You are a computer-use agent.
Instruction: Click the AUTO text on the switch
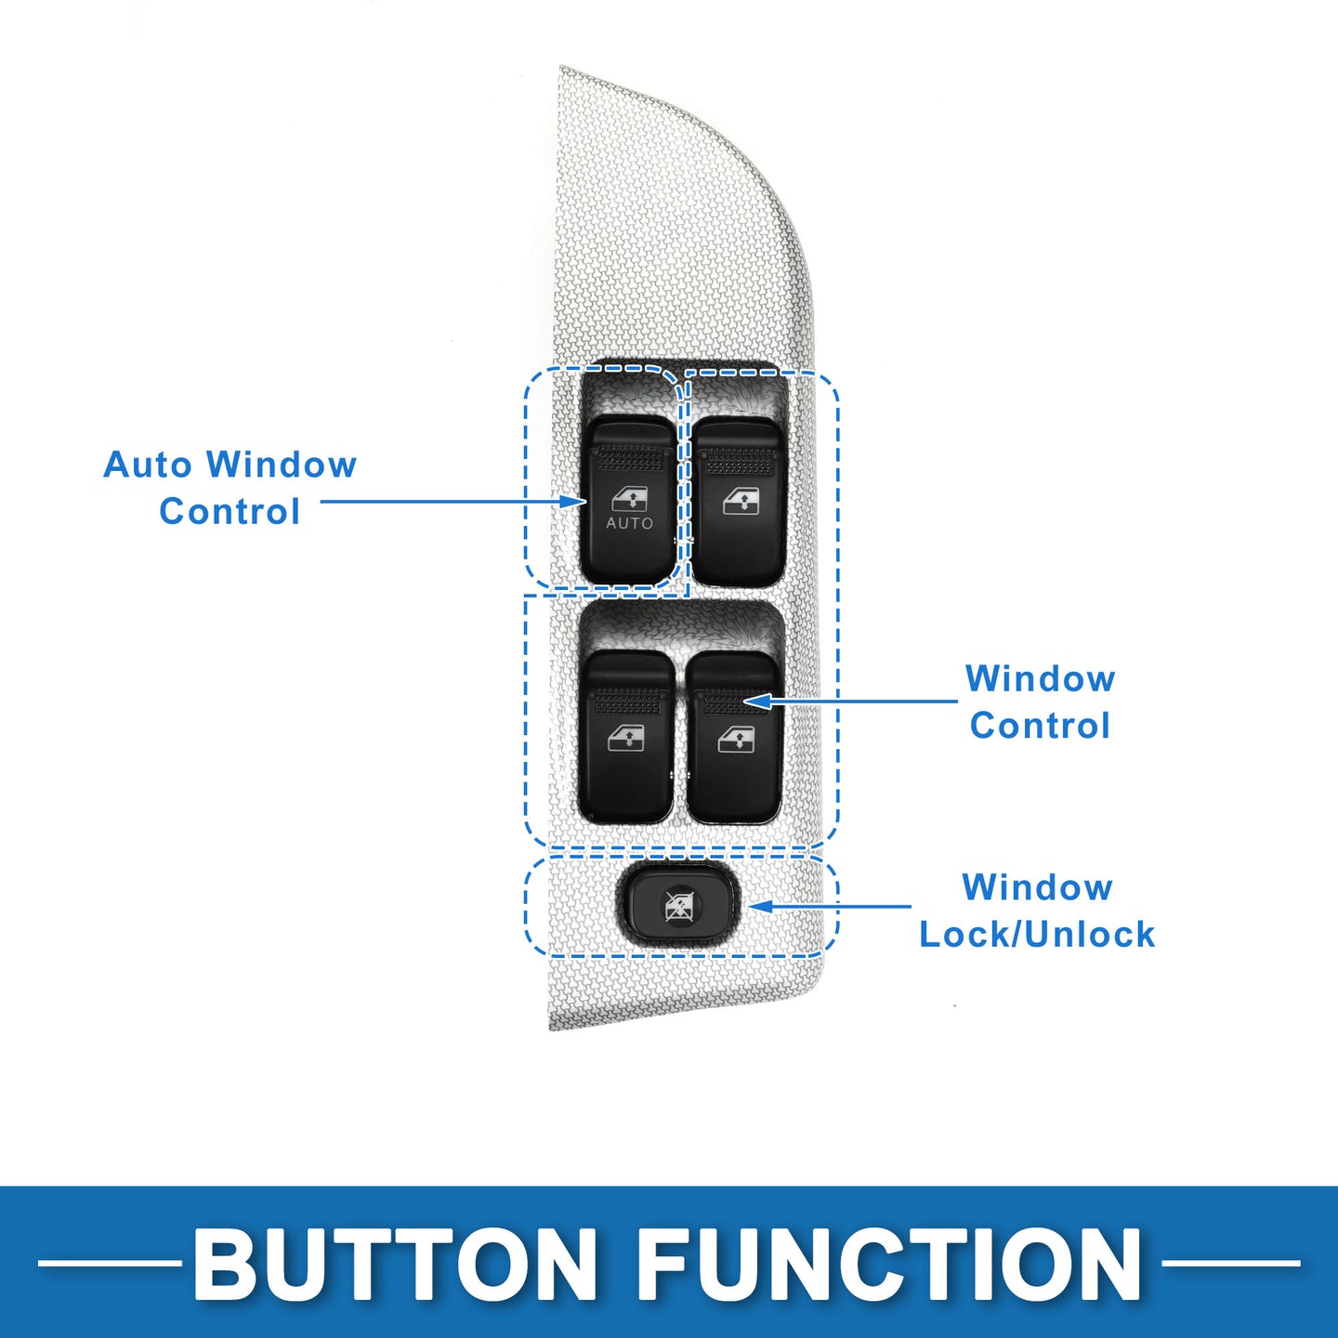pos(629,523)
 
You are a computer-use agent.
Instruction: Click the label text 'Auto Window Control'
pos(230,488)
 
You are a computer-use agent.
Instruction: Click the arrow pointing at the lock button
pos(830,906)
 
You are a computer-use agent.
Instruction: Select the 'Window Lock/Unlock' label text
pos(1037,911)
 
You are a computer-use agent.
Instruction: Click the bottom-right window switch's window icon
pos(736,738)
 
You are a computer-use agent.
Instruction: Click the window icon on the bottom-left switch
pos(625,738)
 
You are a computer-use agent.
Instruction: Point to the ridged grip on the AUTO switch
pos(630,457)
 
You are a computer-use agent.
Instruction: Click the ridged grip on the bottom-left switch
pos(626,701)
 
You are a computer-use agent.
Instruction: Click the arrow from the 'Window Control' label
pos(849,701)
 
